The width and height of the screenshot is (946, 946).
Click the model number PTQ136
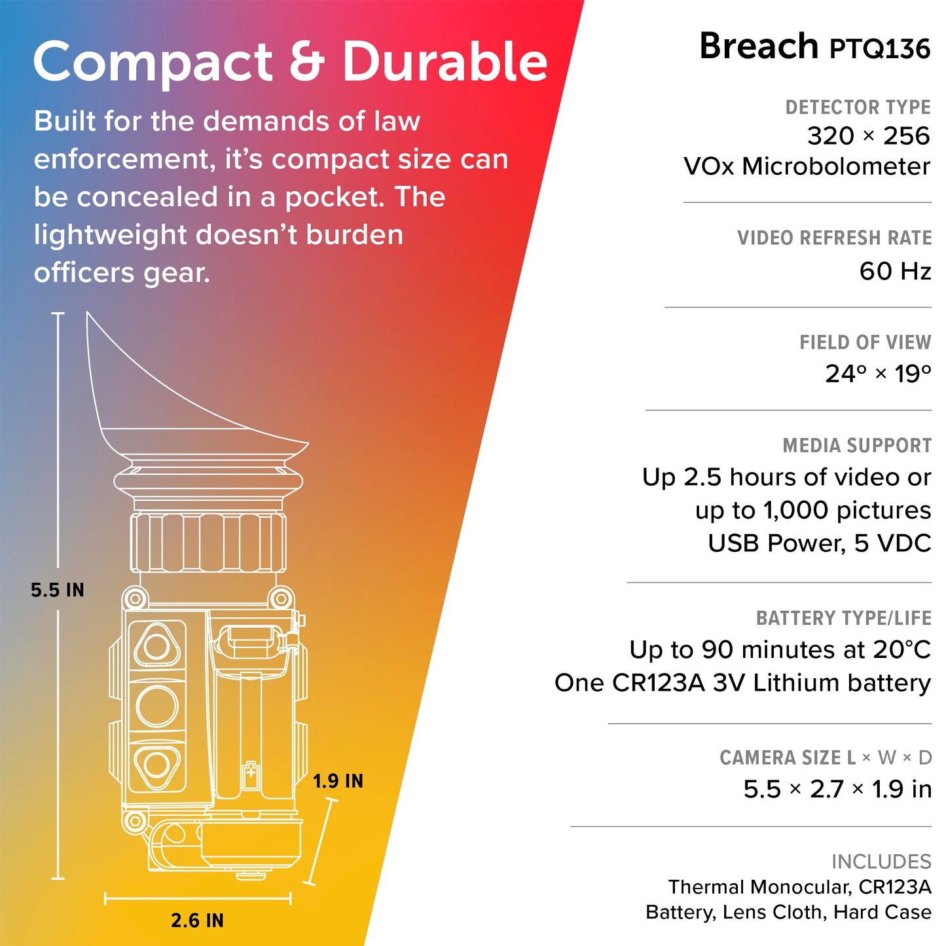[880, 49]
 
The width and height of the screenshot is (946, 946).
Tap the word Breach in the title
[759, 46]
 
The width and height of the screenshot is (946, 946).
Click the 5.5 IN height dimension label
[58, 590]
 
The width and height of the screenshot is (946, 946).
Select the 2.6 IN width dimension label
[197, 920]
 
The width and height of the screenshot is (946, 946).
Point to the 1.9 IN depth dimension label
[338, 781]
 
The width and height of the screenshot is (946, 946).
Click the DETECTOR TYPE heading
[858, 107]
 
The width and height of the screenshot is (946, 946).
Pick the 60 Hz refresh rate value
[895, 271]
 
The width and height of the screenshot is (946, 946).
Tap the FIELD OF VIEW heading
[865, 342]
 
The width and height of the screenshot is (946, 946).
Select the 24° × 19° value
[878, 374]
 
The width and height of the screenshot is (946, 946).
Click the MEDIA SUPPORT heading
[857, 445]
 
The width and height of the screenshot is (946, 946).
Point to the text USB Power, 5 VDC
[820, 543]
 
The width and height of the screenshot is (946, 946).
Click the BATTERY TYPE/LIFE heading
[843, 618]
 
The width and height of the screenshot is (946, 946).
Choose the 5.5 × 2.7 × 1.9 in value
[837, 790]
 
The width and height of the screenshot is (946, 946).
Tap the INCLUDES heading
[881, 862]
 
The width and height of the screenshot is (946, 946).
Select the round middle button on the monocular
[156, 706]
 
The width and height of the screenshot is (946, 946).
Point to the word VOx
[708, 166]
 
